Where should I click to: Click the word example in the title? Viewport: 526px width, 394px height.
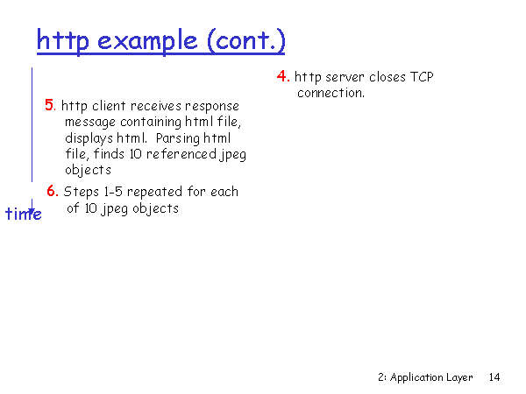(x=147, y=41)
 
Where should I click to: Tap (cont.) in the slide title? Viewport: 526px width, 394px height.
(x=246, y=41)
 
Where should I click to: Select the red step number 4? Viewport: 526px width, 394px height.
(x=283, y=76)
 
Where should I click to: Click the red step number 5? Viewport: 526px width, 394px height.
(x=50, y=105)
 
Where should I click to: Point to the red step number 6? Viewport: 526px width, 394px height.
(x=53, y=191)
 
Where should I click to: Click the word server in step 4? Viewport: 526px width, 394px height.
(x=345, y=77)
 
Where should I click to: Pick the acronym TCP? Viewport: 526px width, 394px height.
(x=422, y=77)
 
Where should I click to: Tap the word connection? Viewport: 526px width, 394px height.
(x=331, y=93)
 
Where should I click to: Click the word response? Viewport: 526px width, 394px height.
(x=212, y=107)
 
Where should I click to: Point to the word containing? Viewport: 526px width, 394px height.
(x=151, y=123)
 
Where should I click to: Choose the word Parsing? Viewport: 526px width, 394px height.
(x=178, y=138)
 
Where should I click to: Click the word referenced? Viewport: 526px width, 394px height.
(x=181, y=154)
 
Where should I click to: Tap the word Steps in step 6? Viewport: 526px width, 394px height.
(x=82, y=192)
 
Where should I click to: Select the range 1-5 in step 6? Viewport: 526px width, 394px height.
(x=113, y=192)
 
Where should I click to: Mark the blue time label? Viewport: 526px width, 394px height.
(x=24, y=214)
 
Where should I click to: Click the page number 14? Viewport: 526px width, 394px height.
(x=494, y=377)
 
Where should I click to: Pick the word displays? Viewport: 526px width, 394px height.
(x=89, y=138)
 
